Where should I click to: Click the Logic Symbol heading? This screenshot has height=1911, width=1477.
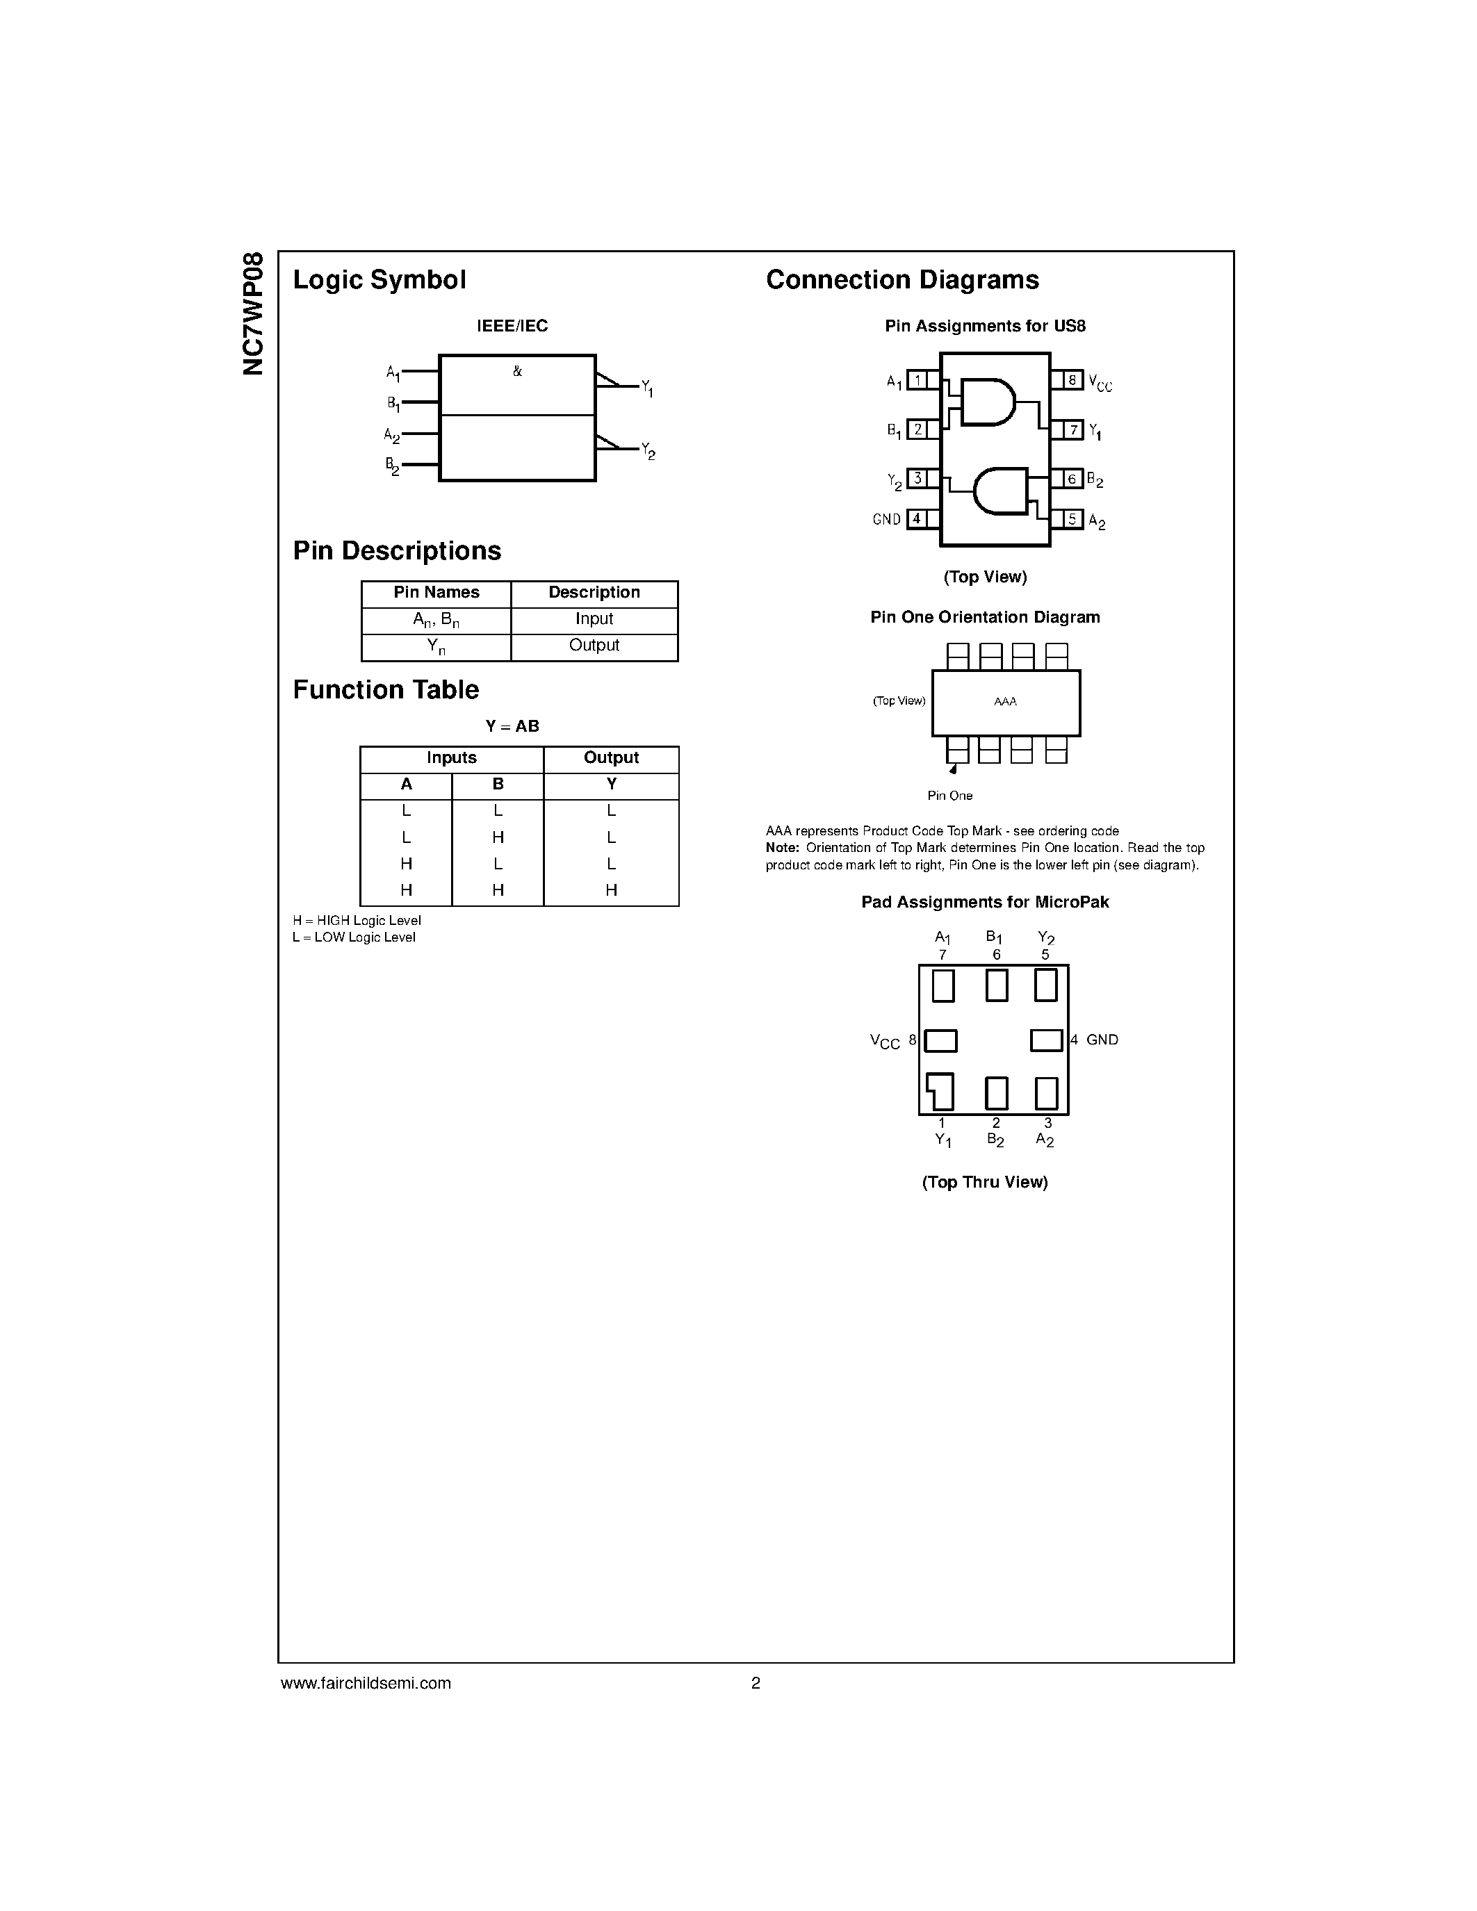(x=379, y=280)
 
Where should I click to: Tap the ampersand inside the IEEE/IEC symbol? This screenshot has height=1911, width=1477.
(x=517, y=371)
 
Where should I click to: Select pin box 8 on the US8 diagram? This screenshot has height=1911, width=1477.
(x=1072, y=381)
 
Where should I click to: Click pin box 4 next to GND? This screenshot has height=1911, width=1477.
(x=917, y=519)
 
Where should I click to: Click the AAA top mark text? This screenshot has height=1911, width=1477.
(x=1005, y=702)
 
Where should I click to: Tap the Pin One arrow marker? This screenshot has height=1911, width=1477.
(x=953, y=769)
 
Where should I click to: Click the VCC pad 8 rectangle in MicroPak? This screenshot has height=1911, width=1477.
(x=940, y=1040)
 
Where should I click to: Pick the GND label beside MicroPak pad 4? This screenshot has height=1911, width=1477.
(x=1102, y=1040)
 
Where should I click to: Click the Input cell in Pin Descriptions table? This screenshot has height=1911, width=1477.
(x=594, y=619)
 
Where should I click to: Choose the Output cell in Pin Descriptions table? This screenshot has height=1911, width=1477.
(x=594, y=646)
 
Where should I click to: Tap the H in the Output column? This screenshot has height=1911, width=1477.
(x=611, y=891)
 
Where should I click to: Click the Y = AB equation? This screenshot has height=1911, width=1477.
(x=513, y=726)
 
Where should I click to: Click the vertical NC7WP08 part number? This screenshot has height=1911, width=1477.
(x=253, y=313)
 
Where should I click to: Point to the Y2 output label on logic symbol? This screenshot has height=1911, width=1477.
(x=648, y=452)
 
